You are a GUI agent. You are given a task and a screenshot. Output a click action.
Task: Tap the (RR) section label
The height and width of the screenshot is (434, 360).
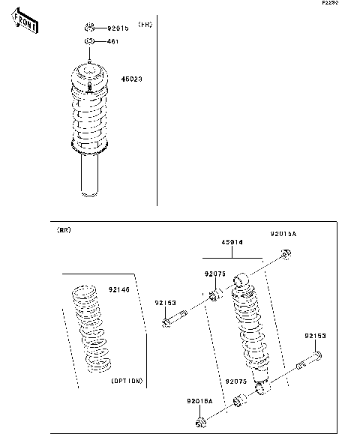point(64,232)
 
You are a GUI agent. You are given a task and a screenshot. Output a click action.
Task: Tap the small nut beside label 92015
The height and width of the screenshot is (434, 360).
point(89,27)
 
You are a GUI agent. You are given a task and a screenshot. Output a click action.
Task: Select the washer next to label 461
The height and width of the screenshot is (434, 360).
point(88,41)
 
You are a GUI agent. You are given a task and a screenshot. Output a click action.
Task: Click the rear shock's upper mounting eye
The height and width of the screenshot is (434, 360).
point(241,281)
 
